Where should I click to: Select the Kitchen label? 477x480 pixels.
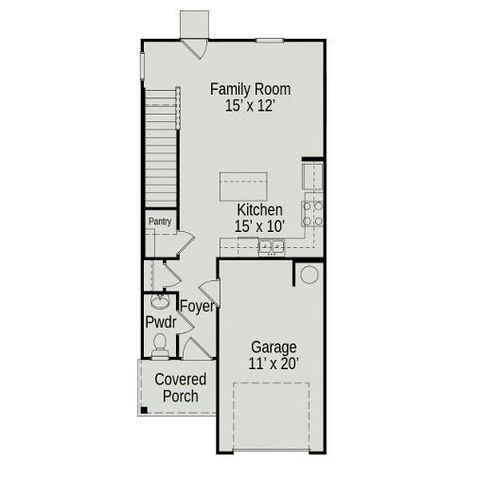pyautogui.click(x=259, y=210)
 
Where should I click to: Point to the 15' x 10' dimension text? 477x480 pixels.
pyautogui.click(x=259, y=227)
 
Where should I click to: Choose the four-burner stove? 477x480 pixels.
pyautogui.click(x=312, y=213)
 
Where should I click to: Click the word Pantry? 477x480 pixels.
pyautogui.click(x=159, y=221)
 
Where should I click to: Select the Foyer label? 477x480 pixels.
pyautogui.click(x=197, y=306)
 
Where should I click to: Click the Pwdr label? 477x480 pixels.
pyautogui.click(x=160, y=324)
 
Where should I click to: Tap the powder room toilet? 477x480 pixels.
pyautogui.click(x=159, y=345)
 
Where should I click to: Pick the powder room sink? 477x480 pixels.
pyautogui.click(x=159, y=301)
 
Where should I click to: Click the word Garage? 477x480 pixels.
pyautogui.click(x=272, y=346)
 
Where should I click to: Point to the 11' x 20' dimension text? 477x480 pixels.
pyautogui.click(x=272, y=364)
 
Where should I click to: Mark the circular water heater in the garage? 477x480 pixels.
pyautogui.click(x=309, y=274)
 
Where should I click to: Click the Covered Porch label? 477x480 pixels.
pyautogui.click(x=180, y=388)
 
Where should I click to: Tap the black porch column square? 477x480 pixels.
pyautogui.click(x=143, y=409)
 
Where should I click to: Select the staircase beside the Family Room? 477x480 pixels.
pyautogui.click(x=161, y=145)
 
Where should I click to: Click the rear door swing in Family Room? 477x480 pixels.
pyautogui.click(x=197, y=46)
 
